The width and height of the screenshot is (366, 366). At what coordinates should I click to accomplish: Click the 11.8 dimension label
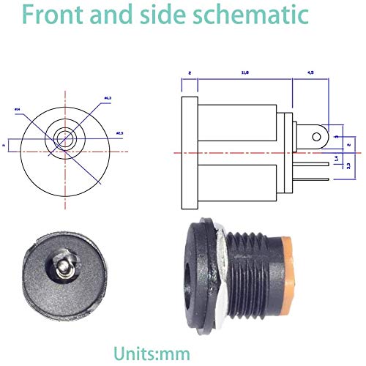point(244,73)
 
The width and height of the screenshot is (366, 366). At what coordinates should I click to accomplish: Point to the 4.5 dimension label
point(310,73)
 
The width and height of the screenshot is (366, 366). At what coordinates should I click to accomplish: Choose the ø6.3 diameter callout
point(108,97)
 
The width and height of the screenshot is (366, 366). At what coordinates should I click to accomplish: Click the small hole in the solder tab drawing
point(315,135)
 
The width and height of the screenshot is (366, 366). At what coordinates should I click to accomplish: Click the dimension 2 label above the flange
point(189,73)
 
